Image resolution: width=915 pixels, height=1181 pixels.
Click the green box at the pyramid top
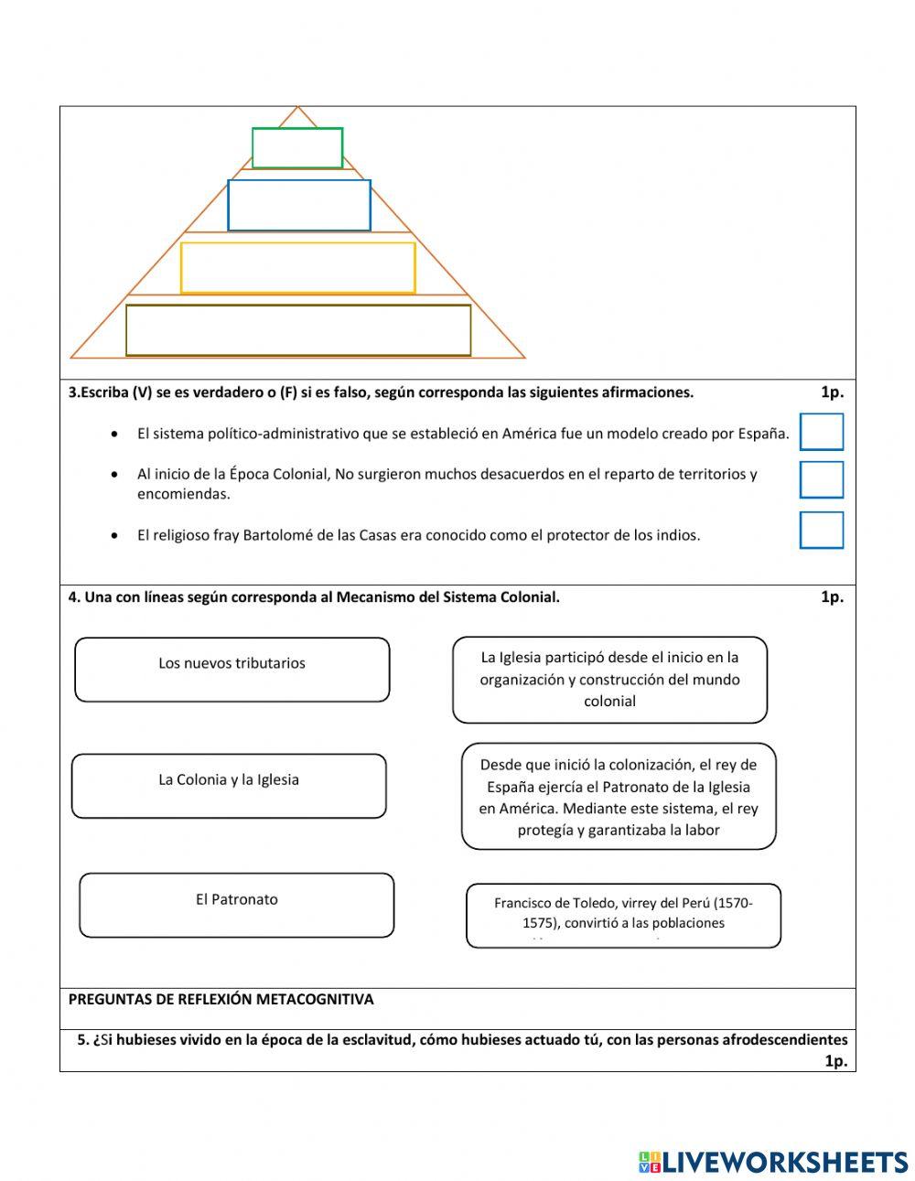coord(297,148)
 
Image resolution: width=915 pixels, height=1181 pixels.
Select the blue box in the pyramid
coord(299,205)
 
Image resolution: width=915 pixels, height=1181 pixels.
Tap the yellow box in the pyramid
coord(298,267)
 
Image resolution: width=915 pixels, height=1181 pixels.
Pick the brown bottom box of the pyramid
coord(298,330)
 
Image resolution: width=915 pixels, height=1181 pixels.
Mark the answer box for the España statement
coord(821,432)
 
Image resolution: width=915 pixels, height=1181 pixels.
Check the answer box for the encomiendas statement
coord(821,479)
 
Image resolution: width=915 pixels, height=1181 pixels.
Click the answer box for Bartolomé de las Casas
coord(821,530)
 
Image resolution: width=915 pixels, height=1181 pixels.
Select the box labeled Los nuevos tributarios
coord(232,670)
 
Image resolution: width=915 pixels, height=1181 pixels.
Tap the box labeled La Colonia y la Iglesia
coord(229,786)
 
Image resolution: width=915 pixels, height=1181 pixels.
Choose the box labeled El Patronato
coord(237,905)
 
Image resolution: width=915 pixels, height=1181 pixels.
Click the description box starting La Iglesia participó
coord(609,680)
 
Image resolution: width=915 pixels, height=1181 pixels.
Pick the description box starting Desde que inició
coord(619,796)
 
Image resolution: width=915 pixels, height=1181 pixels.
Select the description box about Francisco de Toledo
coord(623,915)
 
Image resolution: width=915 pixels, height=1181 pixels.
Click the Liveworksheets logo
coord(772,1162)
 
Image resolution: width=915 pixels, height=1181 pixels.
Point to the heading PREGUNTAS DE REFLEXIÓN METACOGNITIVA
coord(221,1000)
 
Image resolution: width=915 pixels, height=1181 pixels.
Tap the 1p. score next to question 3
coord(832,392)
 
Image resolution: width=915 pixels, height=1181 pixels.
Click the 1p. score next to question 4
coord(832,597)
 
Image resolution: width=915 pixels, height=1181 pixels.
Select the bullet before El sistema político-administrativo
coord(113,434)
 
